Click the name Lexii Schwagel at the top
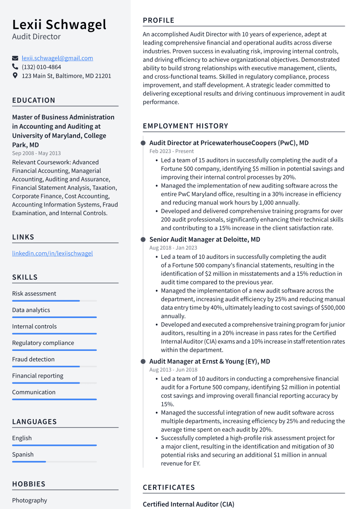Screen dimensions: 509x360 59,24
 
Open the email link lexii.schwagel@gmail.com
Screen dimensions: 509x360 57,58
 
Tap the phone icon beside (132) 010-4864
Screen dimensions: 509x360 15,67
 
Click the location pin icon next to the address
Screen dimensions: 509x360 15,76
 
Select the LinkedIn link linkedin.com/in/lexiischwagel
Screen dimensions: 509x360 52,254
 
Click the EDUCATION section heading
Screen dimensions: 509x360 34,100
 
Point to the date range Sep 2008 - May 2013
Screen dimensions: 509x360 36,153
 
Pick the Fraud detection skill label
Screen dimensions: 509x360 33,359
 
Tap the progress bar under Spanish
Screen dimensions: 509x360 29,461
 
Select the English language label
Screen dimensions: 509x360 22,438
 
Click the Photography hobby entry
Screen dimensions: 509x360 29,500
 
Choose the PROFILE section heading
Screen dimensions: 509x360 159,20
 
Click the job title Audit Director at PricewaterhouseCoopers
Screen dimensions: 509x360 229,143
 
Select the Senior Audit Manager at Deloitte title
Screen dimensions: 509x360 204,239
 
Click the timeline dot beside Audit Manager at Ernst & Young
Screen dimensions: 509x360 143,361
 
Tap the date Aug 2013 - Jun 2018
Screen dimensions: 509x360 173,370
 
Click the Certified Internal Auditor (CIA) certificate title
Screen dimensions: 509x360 188,504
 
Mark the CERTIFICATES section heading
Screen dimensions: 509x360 169,487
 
